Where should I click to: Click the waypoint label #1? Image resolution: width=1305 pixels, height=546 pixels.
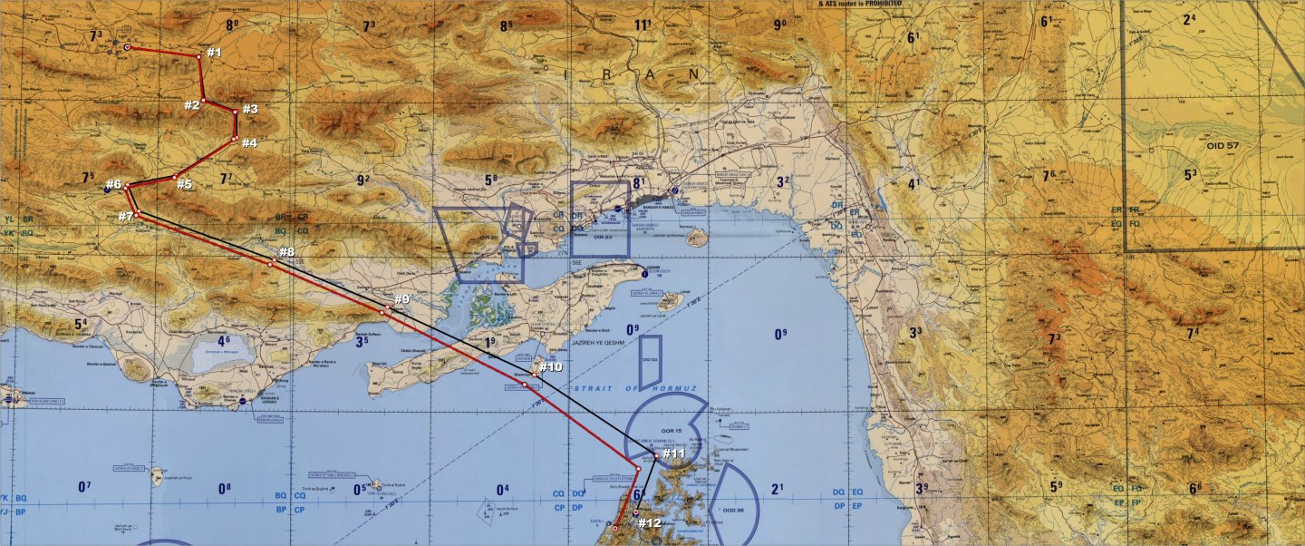pos(214,53)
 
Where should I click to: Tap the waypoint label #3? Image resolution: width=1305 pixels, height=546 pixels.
pos(250,109)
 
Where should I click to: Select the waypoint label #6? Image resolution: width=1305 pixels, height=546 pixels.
pos(113,185)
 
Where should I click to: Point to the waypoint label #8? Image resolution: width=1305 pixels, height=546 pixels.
pos(286,252)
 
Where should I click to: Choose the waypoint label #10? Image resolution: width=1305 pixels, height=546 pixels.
pos(551,367)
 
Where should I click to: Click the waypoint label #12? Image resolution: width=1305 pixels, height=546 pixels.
pos(650,523)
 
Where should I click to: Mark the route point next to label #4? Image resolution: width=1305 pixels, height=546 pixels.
pos(234,140)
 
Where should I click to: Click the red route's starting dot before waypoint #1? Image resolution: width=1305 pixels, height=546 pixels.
pos(127,47)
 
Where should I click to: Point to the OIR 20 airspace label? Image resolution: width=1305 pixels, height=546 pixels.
pos(489,238)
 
